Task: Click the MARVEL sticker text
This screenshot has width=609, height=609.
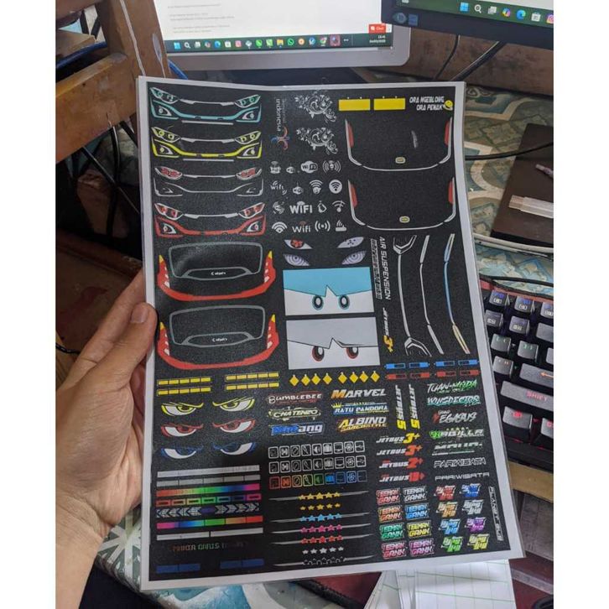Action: click(358, 393)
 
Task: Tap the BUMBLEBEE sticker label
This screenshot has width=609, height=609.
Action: click(294, 398)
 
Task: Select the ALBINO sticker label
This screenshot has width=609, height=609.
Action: click(362, 424)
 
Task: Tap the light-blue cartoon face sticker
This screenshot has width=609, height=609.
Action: click(328, 291)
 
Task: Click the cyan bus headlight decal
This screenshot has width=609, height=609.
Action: click(205, 108)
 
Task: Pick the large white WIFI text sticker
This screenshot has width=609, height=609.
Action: click(301, 206)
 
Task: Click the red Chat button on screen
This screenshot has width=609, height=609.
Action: click(383, 29)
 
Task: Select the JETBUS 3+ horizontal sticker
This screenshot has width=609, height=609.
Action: click(400, 437)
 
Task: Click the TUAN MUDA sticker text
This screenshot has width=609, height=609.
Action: click(452, 387)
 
